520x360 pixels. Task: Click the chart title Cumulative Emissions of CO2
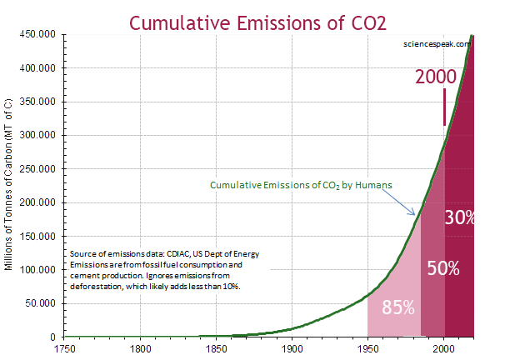click(x=259, y=17)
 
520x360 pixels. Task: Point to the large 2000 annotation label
click(x=436, y=77)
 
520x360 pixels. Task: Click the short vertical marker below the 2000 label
click(x=444, y=107)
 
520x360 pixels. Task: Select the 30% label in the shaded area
click(x=459, y=218)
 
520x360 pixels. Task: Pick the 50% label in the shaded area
click(x=442, y=268)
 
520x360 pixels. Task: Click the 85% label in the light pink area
click(x=398, y=307)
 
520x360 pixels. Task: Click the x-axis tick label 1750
click(x=64, y=348)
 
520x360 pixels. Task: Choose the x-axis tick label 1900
click(x=292, y=348)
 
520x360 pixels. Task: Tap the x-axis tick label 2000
click(x=443, y=348)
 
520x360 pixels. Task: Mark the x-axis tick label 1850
click(x=216, y=348)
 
